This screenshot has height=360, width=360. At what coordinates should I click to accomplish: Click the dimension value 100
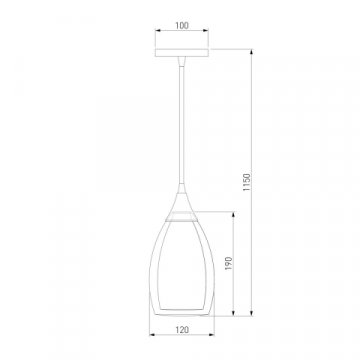182,25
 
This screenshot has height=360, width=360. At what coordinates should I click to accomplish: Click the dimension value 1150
247,182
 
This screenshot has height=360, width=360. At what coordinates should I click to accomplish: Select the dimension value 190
228,263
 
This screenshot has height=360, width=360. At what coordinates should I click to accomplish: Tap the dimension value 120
182,330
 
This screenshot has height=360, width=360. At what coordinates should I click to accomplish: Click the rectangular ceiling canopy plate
182,53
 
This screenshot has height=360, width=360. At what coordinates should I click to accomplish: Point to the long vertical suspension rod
182,124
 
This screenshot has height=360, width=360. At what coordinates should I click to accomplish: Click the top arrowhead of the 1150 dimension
252,52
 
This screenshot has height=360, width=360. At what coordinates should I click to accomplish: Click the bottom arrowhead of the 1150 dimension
252,313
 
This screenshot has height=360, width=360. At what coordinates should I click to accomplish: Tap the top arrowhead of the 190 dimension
233,214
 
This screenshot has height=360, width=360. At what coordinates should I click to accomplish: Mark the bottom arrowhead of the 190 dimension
233,313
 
